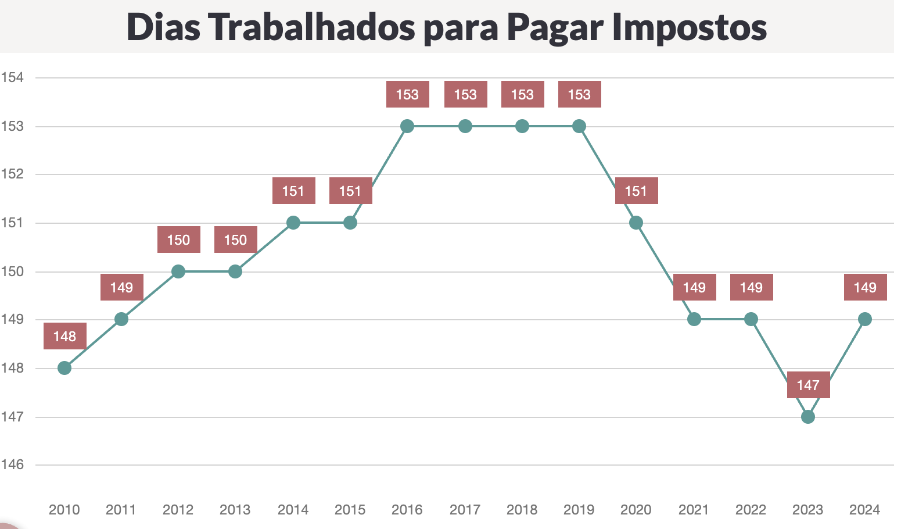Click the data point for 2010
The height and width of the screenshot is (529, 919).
[x=64, y=368]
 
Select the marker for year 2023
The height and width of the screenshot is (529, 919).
[x=807, y=417]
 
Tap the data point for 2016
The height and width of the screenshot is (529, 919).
[x=407, y=126]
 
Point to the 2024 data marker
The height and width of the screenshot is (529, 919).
[x=864, y=319]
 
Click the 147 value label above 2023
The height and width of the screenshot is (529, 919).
[x=808, y=385]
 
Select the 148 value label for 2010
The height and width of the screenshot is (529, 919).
[x=64, y=336]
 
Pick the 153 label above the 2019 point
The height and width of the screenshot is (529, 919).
[x=579, y=94]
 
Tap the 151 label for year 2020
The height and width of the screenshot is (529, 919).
[x=636, y=191]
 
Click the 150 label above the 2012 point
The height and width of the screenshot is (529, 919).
[x=178, y=240]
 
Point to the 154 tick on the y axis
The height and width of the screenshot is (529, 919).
[x=12, y=77]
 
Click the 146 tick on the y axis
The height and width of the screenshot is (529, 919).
[x=12, y=464]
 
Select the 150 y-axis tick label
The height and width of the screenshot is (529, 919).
[x=12, y=271]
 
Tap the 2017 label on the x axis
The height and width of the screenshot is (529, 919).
[x=465, y=510]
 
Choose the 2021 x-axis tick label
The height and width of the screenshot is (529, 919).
[x=693, y=510]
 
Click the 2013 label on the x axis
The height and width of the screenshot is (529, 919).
[x=235, y=510]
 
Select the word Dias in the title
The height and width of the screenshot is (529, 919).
[x=163, y=27]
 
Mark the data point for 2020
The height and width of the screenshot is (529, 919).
[x=636, y=223]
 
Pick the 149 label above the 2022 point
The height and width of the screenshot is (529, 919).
[x=751, y=287]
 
